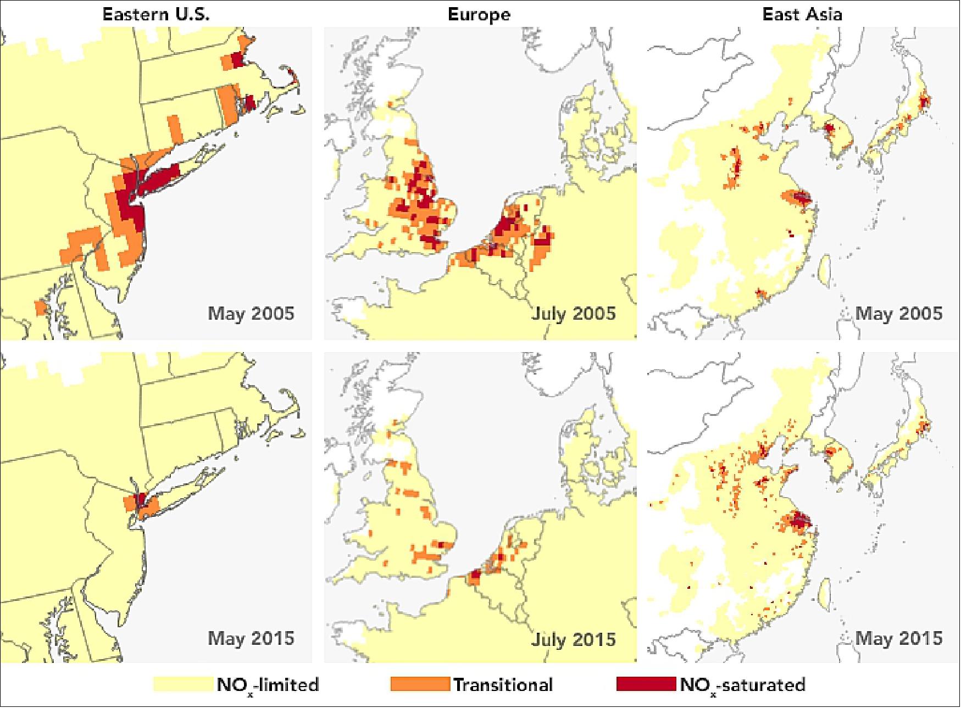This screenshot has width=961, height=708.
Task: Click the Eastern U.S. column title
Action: pos(156,14)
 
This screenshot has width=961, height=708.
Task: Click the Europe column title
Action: pos(479,14)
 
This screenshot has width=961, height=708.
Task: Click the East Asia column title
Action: pos(802,14)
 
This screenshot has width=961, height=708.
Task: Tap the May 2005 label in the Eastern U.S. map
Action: pos(251,314)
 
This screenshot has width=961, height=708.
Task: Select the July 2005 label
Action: pos(573,314)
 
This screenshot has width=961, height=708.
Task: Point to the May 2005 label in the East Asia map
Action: pos(898,314)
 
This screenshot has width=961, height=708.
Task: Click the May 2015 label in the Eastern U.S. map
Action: pos(251,638)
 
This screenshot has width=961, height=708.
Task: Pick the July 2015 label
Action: pos(573,639)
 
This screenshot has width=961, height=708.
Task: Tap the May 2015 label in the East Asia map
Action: pos(898,638)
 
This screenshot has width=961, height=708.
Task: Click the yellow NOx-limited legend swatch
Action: pos(183,684)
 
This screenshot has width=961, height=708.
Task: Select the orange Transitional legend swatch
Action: pos(420,684)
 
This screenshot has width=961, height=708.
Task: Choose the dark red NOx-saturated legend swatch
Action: pos(646,684)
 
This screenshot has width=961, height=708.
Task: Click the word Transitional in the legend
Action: pos(503,685)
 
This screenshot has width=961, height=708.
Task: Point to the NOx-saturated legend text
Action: pos(742,685)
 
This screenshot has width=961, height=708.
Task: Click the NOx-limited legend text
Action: pos(268,685)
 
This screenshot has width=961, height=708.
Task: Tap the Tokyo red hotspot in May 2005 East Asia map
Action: pos(924,101)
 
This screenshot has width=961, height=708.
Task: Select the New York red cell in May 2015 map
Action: pos(140,499)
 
